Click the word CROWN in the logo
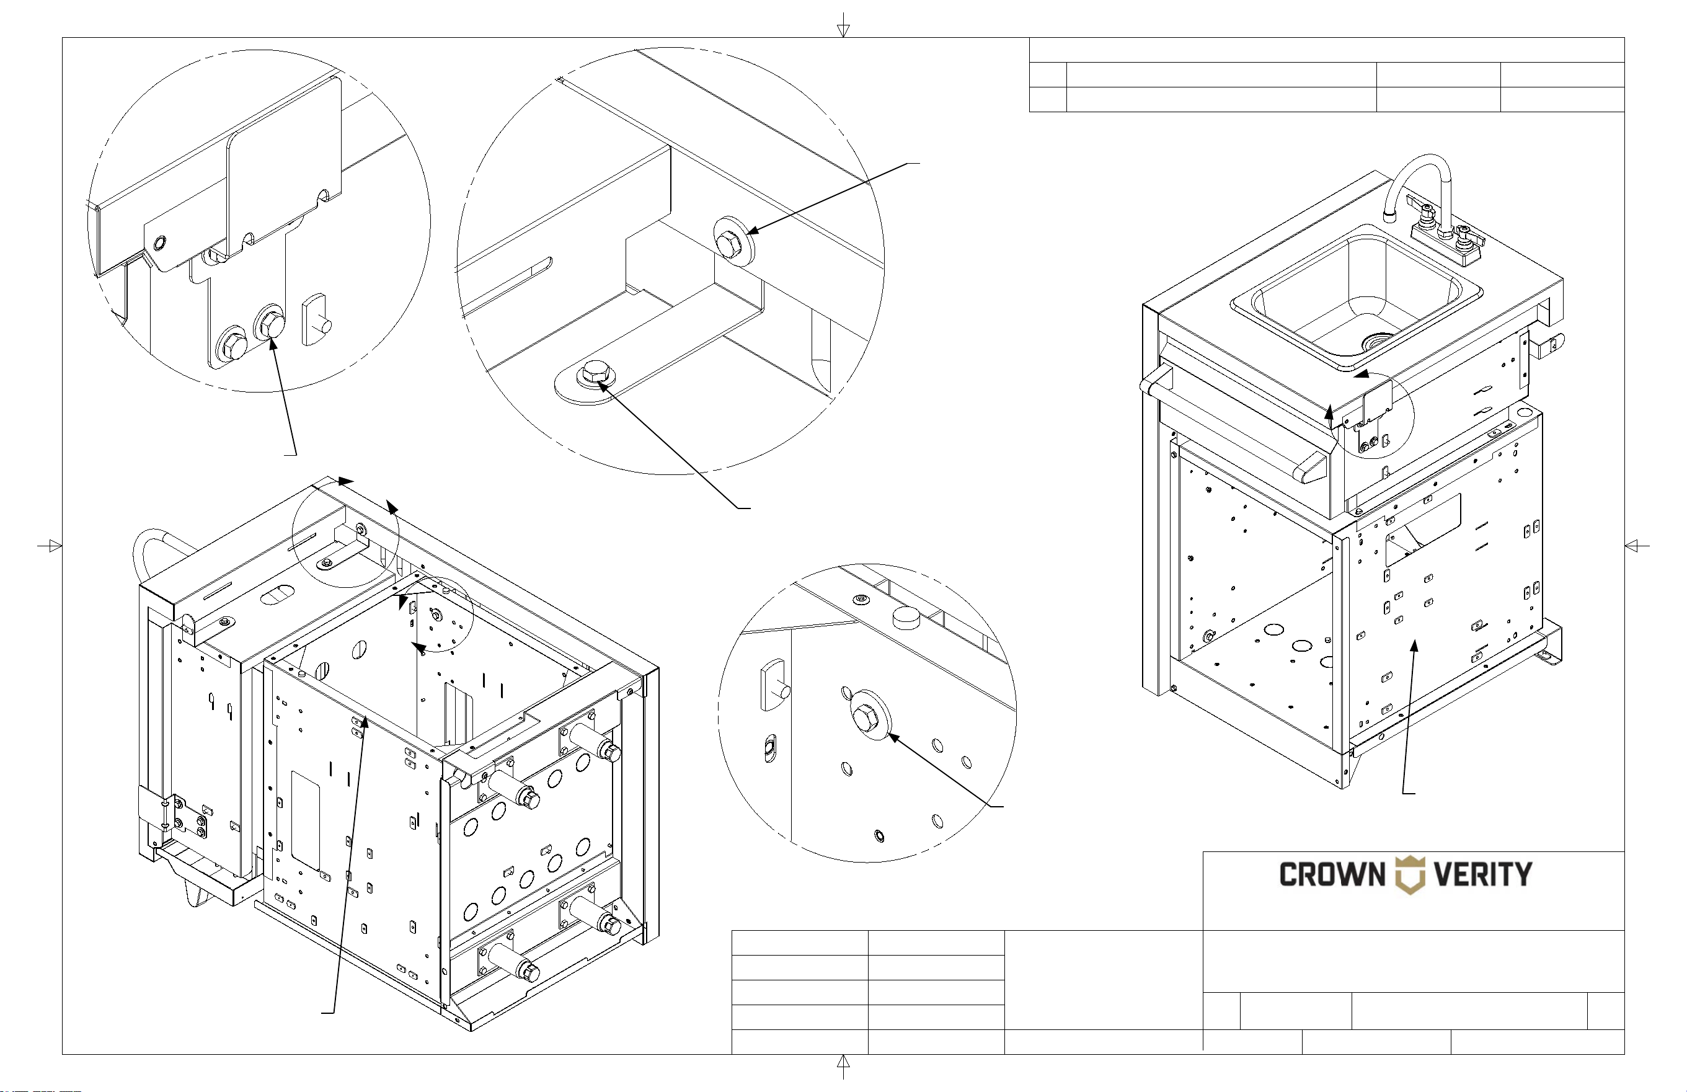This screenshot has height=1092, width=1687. click(1332, 874)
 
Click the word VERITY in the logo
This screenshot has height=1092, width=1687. click(1483, 874)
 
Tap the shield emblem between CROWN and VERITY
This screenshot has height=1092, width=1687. click(1409, 875)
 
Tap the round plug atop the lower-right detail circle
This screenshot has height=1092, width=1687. click(906, 617)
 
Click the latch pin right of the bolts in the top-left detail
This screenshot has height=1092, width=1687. click(316, 321)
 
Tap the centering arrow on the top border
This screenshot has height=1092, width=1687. click(843, 25)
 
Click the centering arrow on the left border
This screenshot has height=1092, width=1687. click(50, 545)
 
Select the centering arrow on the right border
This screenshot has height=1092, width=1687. click(1637, 545)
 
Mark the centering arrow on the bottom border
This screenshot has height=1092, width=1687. click(843, 1066)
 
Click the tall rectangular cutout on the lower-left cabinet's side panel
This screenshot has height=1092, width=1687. click(306, 820)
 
